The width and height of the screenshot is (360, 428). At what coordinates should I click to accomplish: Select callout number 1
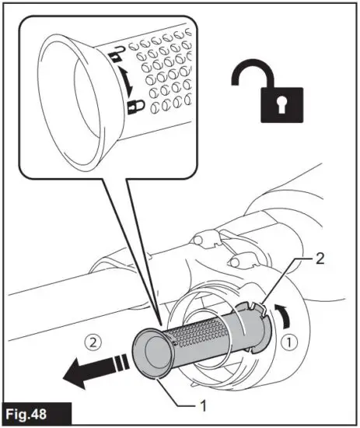202,404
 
